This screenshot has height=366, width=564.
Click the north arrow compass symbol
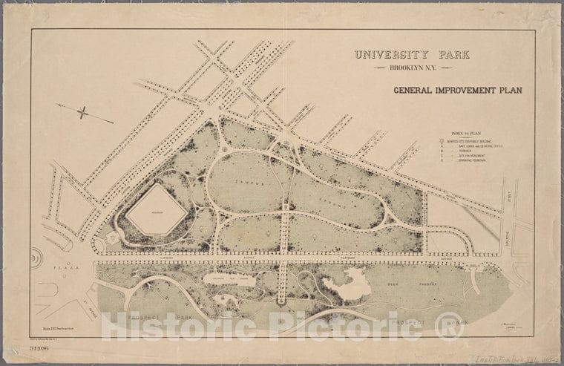84,114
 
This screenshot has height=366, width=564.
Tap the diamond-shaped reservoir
156,210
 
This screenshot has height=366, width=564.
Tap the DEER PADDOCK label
404,284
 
